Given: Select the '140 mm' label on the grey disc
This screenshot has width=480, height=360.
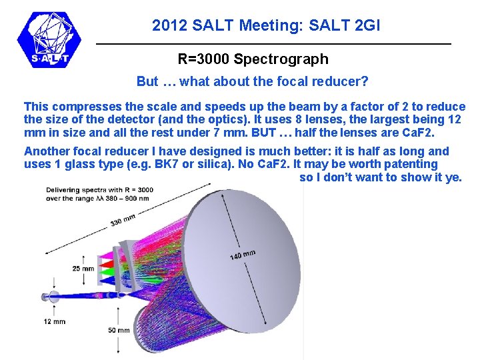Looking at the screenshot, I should pos(243,255).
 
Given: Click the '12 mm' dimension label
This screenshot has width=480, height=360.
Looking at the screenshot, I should pos(55,321).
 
